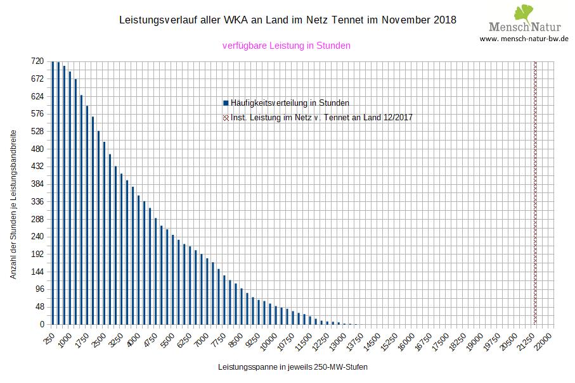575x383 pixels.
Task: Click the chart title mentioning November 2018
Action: tap(287, 20)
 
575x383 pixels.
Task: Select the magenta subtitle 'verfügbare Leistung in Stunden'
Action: tap(287, 46)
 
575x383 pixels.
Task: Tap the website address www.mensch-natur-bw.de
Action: tap(524, 39)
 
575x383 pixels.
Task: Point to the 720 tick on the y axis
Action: tap(37, 61)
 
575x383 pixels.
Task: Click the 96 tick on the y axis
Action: tap(39, 289)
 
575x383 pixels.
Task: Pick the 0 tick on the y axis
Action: tap(42, 325)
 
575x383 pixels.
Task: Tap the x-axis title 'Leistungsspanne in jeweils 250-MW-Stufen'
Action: tap(292, 367)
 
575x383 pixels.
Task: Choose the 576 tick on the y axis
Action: tap(37, 114)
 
